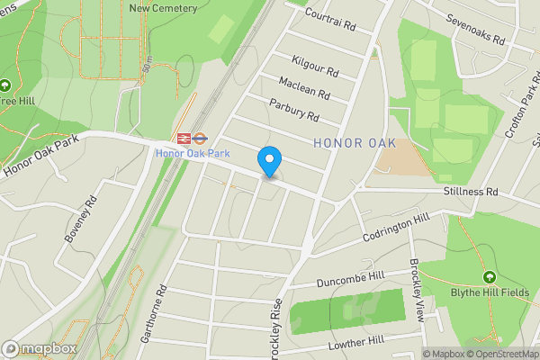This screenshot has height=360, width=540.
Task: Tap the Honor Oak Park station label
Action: [193, 154]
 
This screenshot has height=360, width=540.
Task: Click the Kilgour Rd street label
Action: [315, 65]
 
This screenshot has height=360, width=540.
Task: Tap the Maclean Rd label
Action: [304, 89]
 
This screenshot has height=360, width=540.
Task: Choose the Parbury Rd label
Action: [293, 112]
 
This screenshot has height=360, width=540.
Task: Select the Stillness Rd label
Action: [470, 192]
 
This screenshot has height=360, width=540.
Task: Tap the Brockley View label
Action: [416, 290]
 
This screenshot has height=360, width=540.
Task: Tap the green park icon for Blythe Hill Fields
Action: [490, 276]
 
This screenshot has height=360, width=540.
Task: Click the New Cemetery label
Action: [163, 8]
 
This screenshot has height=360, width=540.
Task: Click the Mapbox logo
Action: [39, 347]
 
